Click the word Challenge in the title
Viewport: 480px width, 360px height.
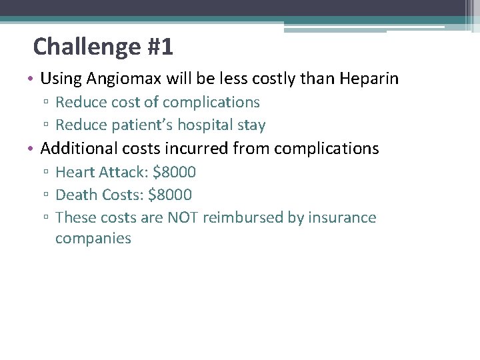pos(85,47)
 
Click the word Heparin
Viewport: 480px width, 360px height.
pos(369,79)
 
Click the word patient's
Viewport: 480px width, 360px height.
pos(135,125)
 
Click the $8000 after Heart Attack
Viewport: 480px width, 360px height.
pos(174,172)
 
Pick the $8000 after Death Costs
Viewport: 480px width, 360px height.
pos(170,195)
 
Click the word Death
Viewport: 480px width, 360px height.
pos(75,195)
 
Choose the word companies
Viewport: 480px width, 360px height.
pos(93,239)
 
